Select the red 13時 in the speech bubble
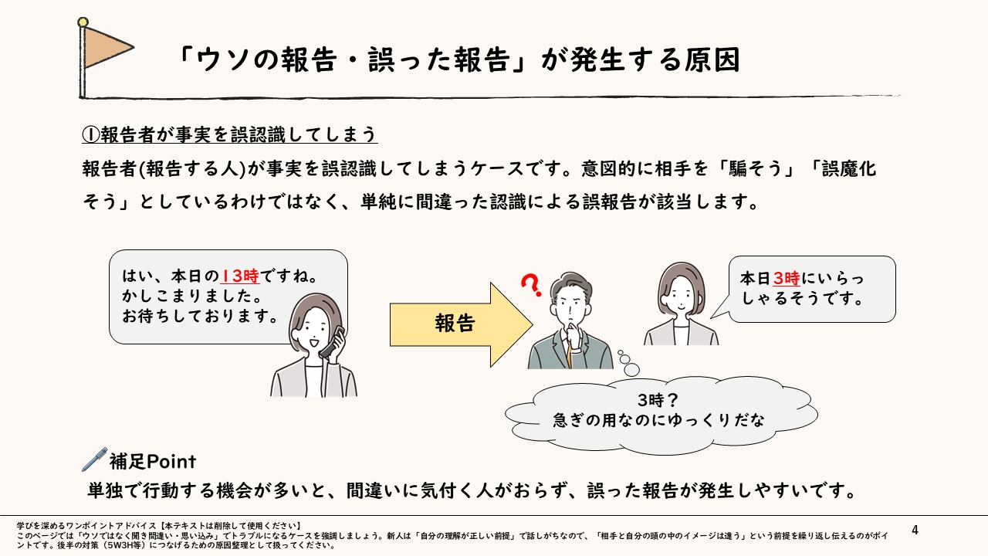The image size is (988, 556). (240, 276)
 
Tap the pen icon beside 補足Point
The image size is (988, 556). (93, 459)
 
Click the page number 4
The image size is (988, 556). (915, 530)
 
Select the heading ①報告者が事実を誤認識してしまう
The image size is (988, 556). (229, 134)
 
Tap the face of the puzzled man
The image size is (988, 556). (568, 307)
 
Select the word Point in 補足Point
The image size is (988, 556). (171, 462)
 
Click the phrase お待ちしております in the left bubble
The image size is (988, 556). (201, 316)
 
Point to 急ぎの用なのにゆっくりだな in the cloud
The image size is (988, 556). (658, 421)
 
